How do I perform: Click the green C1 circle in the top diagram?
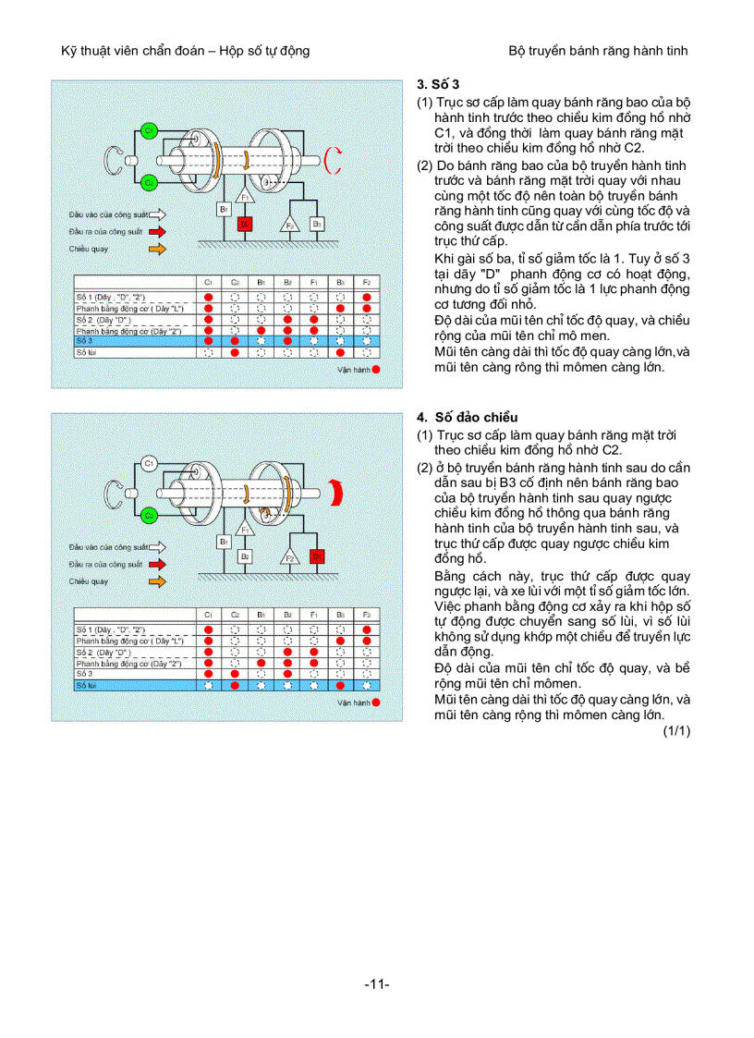click(x=148, y=131)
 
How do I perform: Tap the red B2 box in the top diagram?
click(x=244, y=224)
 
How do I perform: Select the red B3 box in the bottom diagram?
click(x=316, y=556)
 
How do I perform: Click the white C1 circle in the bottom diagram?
click(x=148, y=463)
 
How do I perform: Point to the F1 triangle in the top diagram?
click(x=245, y=197)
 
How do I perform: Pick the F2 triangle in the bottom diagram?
click(x=288, y=557)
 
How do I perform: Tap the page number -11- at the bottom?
click(x=376, y=983)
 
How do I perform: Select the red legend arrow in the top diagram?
click(x=157, y=231)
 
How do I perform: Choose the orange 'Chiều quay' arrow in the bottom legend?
click(x=157, y=581)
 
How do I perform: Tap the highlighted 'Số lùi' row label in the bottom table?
click(x=87, y=685)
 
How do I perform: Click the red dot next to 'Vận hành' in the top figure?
click(x=376, y=368)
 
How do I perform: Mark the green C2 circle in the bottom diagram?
click(x=148, y=515)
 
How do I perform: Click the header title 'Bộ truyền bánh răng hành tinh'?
click(x=598, y=50)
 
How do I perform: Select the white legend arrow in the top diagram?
click(x=157, y=214)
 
